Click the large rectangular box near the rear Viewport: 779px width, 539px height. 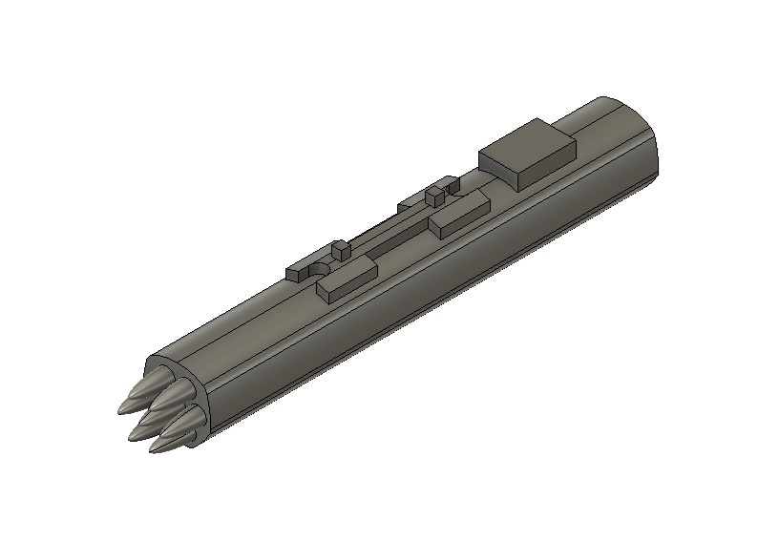527,155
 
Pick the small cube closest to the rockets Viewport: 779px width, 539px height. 341,253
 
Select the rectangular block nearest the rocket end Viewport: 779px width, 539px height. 347,280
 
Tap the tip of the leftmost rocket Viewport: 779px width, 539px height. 121,410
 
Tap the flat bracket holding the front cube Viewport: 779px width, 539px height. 311,266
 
